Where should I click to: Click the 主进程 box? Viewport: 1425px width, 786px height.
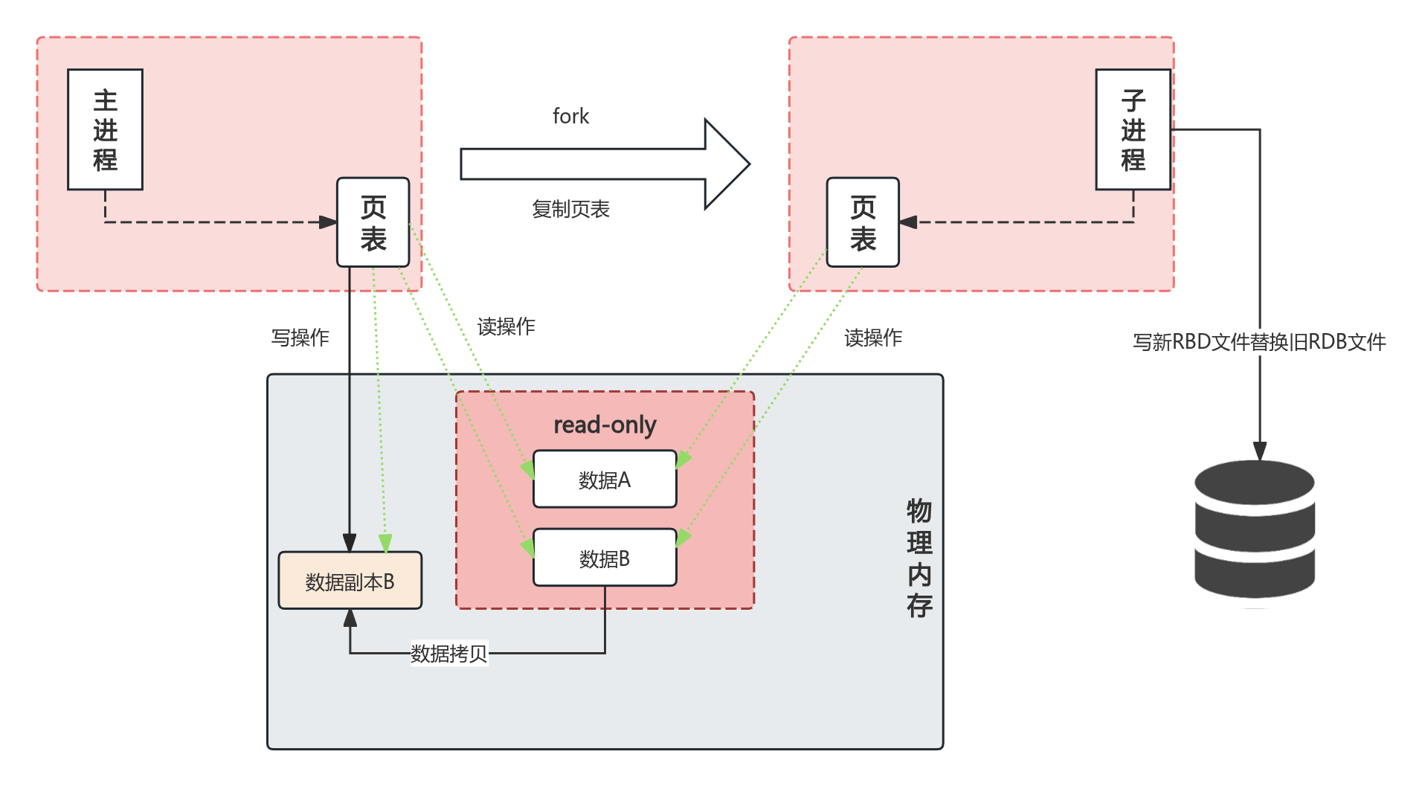105,129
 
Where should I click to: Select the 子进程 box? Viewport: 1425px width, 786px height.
1133,129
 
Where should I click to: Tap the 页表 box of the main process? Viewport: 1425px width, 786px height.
373,222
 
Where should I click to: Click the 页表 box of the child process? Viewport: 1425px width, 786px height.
863,222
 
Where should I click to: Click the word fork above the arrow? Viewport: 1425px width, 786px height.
570,116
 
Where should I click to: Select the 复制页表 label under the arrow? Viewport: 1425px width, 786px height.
570,209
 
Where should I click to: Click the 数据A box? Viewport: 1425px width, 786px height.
605,480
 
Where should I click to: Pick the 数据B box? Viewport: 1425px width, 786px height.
605,558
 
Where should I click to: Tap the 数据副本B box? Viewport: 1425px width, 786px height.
350,581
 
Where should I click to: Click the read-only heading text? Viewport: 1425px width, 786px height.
605,425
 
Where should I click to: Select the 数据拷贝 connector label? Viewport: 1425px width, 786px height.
448,654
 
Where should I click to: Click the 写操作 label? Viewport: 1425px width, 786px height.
300,338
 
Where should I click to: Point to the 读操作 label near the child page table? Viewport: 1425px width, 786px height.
873,338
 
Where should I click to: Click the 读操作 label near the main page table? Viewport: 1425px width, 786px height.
506,326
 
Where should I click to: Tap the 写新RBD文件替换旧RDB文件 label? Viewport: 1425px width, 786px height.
1259,342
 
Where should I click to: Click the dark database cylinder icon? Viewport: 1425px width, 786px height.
1255,529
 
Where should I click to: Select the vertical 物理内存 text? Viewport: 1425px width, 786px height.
919,558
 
